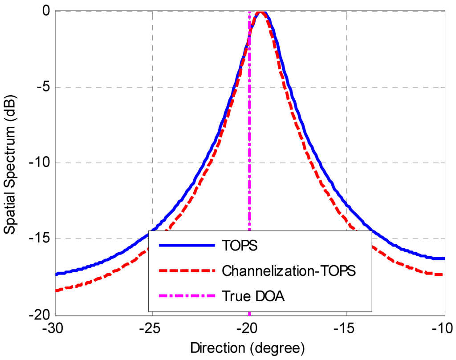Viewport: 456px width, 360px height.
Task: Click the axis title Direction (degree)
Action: (248, 347)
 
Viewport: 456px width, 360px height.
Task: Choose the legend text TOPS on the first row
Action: (240, 246)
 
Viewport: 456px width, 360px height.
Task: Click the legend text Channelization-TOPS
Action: (288, 271)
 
